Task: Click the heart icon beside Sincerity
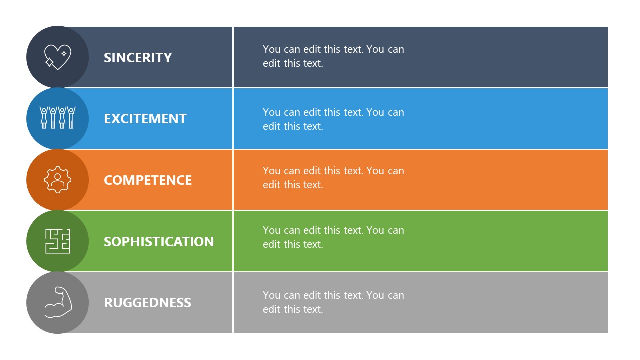[58, 57]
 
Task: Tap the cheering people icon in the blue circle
[58, 118]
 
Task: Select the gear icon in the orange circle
[58, 180]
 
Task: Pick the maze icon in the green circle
[58, 241]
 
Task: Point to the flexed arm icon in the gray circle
[58, 302]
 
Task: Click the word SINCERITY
[138, 58]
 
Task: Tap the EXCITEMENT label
[145, 119]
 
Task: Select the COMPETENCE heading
[148, 180]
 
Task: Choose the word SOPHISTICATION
[159, 242]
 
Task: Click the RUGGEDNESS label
[147, 303]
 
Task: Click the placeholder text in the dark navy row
[333, 56]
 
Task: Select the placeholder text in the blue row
[333, 119]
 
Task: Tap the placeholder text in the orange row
[333, 178]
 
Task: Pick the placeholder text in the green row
[333, 237]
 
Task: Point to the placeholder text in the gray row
[333, 302]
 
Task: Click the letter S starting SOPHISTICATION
[108, 242]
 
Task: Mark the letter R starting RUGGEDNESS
[108, 303]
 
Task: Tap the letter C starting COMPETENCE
[108, 180]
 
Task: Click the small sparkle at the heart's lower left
[50, 63]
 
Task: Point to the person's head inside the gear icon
[58, 176]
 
